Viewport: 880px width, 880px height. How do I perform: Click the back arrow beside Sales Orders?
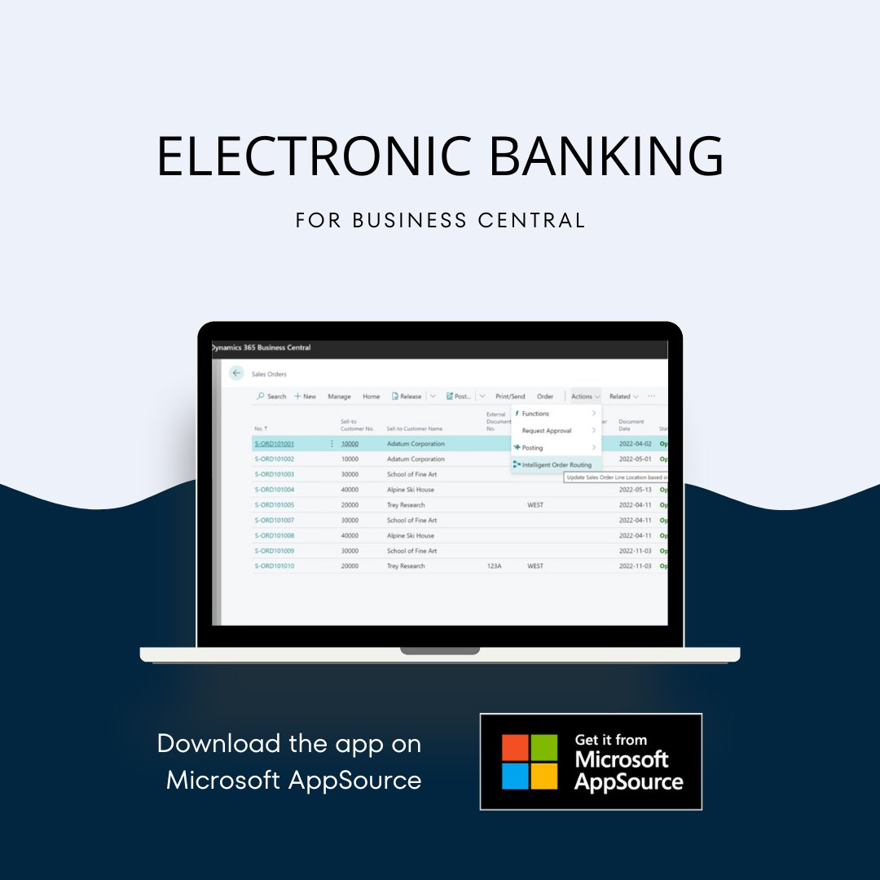236,373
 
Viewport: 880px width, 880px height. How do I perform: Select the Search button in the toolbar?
271,397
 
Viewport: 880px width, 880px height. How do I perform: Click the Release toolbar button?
407,397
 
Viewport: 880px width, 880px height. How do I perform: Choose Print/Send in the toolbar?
510,397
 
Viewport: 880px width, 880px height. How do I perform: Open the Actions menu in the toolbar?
585,397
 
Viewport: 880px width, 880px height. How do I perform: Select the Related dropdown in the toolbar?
623,397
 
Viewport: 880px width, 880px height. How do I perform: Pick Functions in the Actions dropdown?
535,414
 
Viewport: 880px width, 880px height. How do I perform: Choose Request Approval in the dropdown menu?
547,430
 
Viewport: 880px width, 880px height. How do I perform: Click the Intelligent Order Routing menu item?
557,464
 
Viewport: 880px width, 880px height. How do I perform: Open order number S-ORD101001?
274,444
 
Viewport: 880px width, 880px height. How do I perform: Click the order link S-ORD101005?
274,505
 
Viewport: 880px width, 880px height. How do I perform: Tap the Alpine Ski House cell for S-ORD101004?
411,490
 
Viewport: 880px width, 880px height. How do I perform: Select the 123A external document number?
494,566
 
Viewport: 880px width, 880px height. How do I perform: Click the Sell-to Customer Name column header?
414,429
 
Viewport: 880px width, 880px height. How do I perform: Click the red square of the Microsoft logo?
516,748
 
